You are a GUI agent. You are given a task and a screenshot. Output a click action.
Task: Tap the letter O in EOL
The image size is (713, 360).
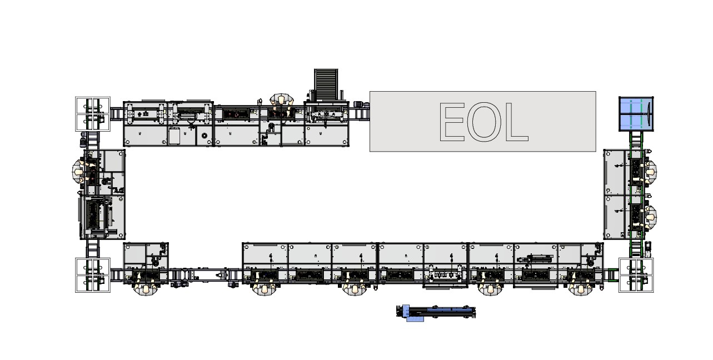coord(484,122)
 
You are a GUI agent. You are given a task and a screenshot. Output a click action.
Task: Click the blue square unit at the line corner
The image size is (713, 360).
coord(636,114)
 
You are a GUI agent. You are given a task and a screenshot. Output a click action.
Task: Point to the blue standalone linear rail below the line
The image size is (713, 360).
coord(436,312)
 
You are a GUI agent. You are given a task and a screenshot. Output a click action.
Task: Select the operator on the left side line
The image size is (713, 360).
coord(79,171)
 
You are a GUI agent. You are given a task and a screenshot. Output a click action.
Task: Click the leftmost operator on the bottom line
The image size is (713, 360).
coord(146,287)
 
